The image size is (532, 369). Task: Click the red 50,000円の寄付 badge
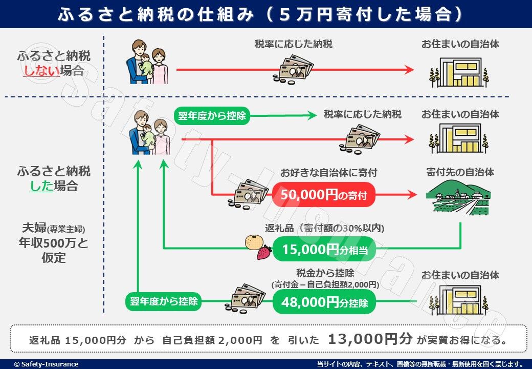324,195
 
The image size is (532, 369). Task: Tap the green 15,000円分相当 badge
324,250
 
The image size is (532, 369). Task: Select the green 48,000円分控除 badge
324,302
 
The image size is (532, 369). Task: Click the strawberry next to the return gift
264,253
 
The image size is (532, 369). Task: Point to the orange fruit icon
254,242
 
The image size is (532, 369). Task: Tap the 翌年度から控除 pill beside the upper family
212,116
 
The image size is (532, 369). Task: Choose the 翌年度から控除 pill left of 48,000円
164,301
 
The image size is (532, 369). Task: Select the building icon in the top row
460,72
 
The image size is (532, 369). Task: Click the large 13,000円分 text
370,339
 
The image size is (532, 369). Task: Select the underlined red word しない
41,71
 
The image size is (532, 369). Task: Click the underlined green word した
41,186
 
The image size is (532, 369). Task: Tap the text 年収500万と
54,243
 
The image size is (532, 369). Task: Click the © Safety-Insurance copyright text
46,364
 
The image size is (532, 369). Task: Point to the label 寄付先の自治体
460,172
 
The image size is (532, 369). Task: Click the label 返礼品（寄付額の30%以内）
325,228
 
